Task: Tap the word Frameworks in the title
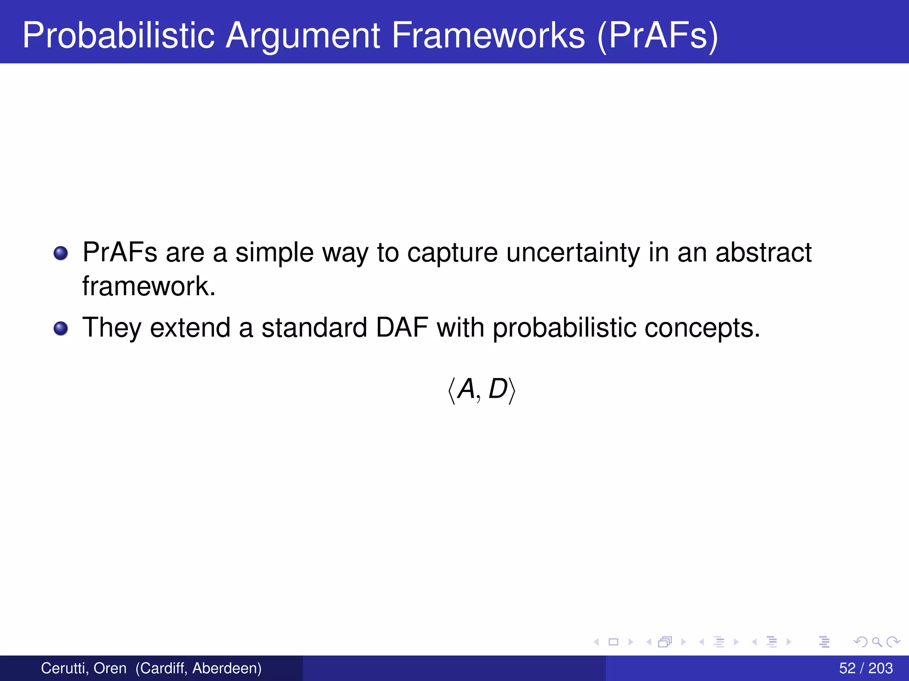(x=488, y=35)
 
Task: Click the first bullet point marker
(x=61, y=254)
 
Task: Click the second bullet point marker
(x=61, y=329)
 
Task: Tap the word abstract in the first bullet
(x=763, y=253)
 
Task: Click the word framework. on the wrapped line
(x=149, y=286)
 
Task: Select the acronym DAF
(x=402, y=328)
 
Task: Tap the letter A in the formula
(x=466, y=389)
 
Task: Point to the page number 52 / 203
(x=866, y=668)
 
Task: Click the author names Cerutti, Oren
(x=83, y=668)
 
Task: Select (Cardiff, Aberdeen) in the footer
(x=198, y=668)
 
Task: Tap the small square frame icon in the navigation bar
(x=613, y=642)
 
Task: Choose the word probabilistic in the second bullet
(x=564, y=328)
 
